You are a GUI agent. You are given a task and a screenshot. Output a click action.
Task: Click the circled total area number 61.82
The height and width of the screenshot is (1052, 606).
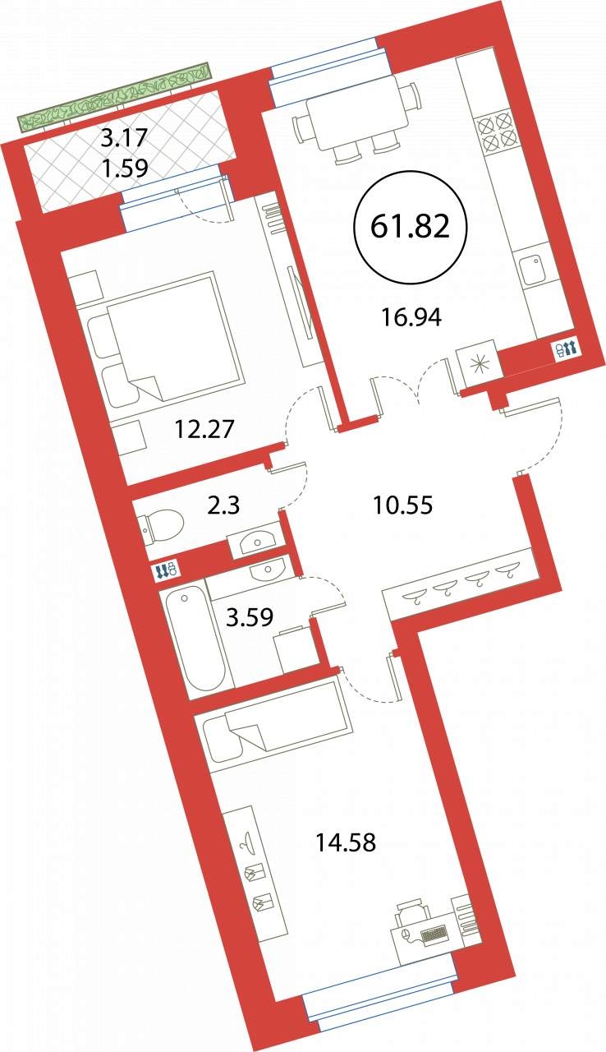click(x=410, y=227)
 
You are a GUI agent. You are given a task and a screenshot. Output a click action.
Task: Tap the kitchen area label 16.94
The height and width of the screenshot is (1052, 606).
click(x=411, y=318)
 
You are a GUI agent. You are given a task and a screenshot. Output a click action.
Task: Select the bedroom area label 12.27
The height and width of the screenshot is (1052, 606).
click(x=204, y=428)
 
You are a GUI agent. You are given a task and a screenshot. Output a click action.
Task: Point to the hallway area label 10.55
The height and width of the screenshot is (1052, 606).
click(x=403, y=505)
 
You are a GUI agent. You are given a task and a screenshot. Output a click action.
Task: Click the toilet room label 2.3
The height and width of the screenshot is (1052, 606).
click(x=223, y=505)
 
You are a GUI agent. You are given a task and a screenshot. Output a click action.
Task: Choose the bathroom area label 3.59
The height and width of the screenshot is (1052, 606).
click(x=250, y=617)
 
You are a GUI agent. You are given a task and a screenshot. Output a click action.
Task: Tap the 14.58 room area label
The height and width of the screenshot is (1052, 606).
click(x=346, y=842)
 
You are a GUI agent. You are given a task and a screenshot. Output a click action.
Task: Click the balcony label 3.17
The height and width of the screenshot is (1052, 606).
click(x=125, y=139)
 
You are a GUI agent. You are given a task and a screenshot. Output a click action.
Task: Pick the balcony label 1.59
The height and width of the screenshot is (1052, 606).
click(x=126, y=168)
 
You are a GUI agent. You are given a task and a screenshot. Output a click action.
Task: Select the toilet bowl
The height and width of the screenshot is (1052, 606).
click(x=161, y=528)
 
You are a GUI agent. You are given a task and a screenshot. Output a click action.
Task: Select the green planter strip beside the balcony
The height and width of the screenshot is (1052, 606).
click(x=113, y=97)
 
